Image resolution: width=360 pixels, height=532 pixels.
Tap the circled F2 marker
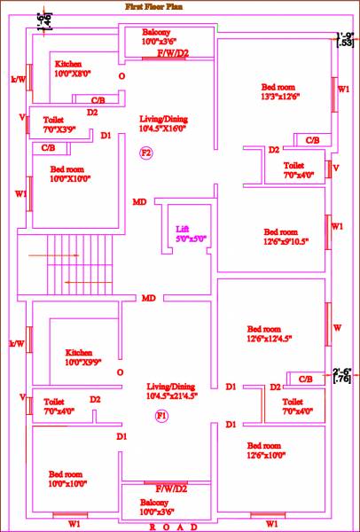coord(146,154)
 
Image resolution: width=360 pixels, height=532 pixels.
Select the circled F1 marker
coord(161,415)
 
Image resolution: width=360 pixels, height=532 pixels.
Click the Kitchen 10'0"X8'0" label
coord(73,69)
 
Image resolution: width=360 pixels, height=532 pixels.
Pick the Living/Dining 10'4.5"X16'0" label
coord(165,123)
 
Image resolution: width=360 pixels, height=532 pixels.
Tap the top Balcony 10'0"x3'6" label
coord(163,36)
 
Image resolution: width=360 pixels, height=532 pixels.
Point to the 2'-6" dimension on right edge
coord(343,375)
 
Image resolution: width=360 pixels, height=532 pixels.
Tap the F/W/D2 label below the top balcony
coord(172,54)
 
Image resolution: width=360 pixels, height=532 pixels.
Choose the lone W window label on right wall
coord(337,328)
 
